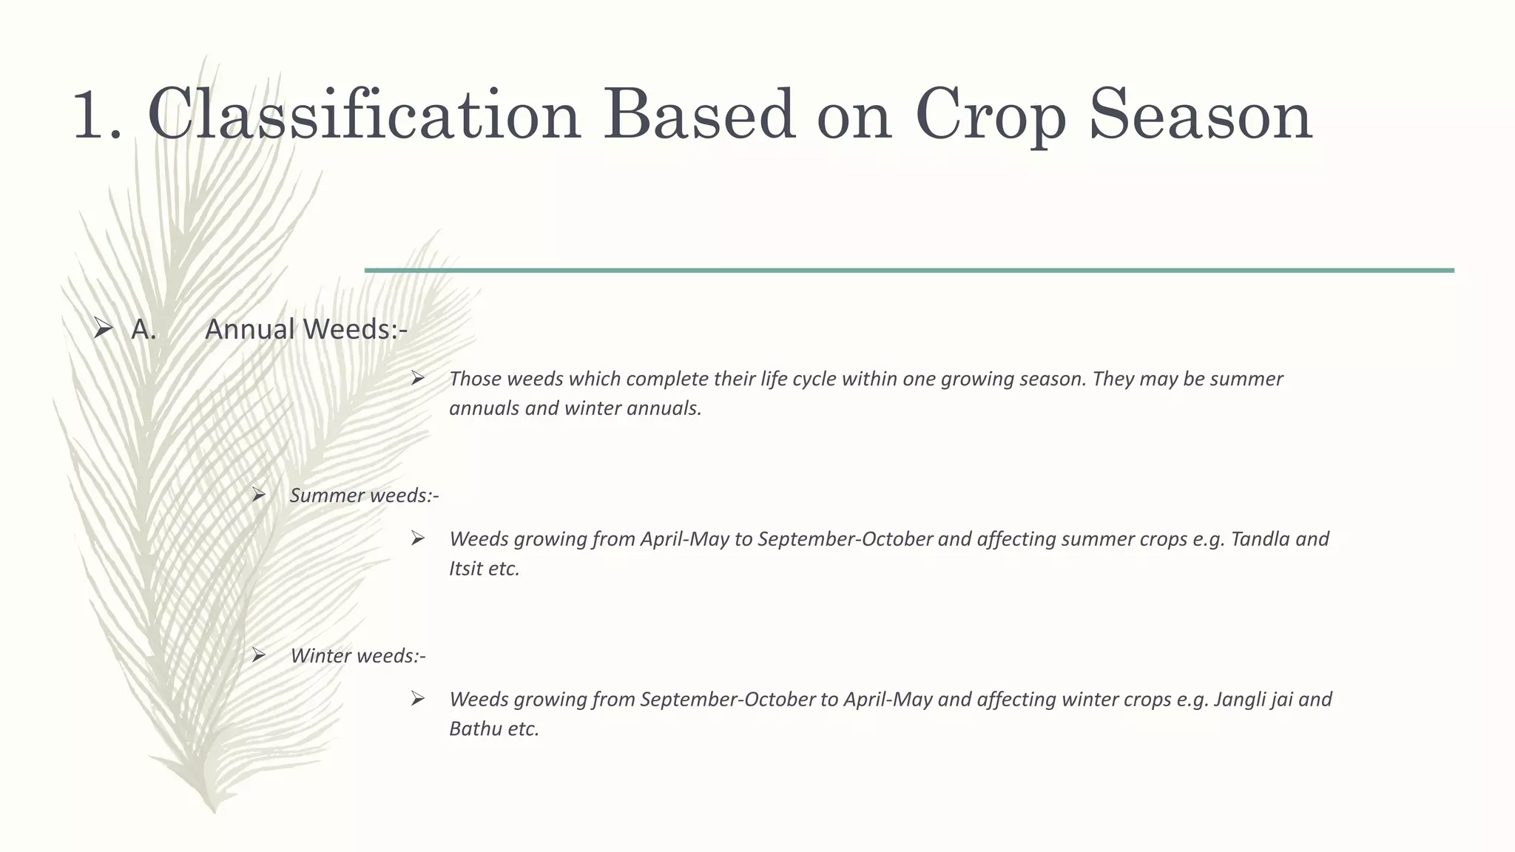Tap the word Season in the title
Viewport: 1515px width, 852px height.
pyautogui.click(x=1200, y=115)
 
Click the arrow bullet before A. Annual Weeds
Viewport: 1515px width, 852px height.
pyautogui.click(x=103, y=328)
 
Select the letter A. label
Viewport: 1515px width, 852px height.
pyautogui.click(x=144, y=330)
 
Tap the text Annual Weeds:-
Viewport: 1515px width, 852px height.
pyautogui.click(x=306, y=330)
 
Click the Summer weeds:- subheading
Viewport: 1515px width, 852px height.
pyautogui.click(x=364, y=496)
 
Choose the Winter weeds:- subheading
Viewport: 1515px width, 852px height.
pyautogui.click(x=357, y=656)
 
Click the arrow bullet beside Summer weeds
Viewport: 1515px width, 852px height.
pyautogui.click(x=258, y=495)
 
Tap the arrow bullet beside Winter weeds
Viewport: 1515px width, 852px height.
pyautogui.click(x=258, y=655)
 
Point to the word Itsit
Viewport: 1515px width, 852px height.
pyautogui.click(x=465, y=569)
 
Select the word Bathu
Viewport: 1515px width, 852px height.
pyautogui.click(x=474, y=729)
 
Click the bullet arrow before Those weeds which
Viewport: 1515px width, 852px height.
pyautogui.click(x=418, y=379)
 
